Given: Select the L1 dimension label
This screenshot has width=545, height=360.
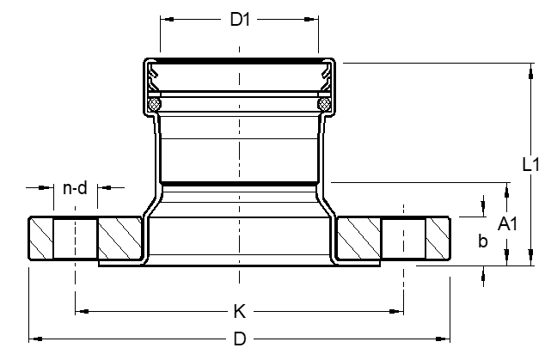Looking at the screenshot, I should click(x=530, y=163).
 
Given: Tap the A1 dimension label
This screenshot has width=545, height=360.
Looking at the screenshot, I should click(x=508, y=224).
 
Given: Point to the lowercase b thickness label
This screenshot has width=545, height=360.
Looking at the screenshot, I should click(x=482, y=241).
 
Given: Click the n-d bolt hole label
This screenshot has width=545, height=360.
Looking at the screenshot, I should click(x=76, y=188).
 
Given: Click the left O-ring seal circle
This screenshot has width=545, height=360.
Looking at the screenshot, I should click(x=155, y=104).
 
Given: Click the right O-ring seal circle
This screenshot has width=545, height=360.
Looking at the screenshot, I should click(x=324, y=104).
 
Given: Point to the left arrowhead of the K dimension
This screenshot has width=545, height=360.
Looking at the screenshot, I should click(x=80, y=310).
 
